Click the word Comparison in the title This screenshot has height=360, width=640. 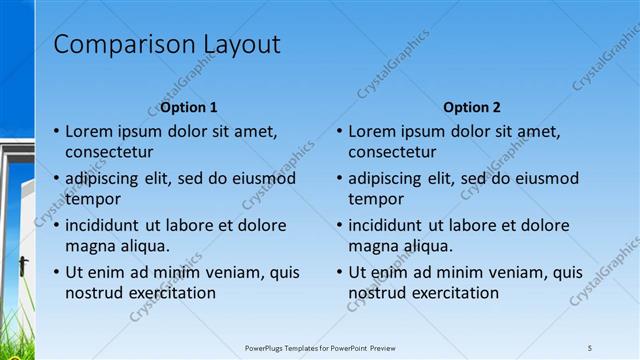click(x=112, y=45)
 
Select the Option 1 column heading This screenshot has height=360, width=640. click(x=190, y=107)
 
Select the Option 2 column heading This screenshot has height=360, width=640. click(x=472, y=107)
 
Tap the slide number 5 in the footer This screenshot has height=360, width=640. click(x=590, y=347)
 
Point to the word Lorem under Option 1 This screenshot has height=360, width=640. click(x=89, y=131)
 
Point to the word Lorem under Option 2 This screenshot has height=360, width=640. click(x=372, y=131)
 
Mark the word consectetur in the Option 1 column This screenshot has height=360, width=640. click(x=109, y=153)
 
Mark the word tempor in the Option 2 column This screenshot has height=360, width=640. click(x=374, y=199)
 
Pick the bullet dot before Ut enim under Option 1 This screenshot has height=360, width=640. click(x=55, y=272)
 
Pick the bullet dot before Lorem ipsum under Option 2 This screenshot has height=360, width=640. click(x=338, y=131)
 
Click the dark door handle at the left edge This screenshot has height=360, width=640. click(x=22, y=266)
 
